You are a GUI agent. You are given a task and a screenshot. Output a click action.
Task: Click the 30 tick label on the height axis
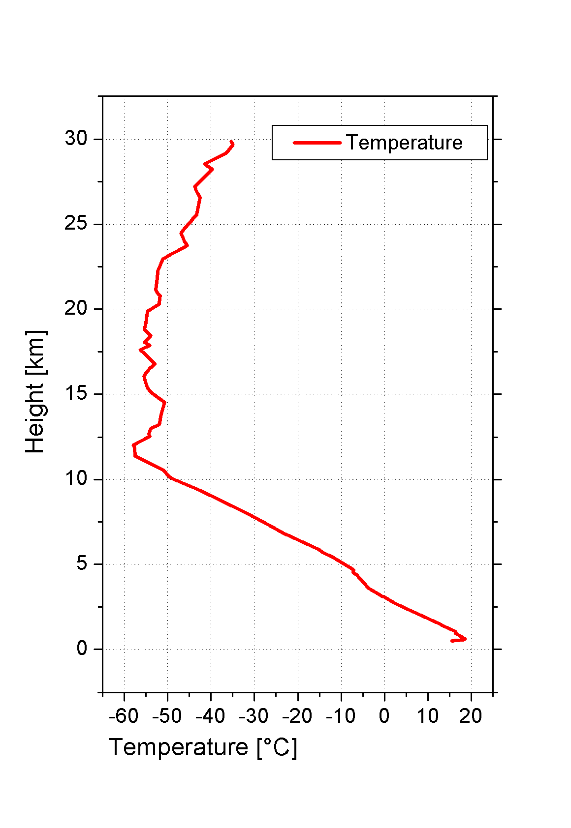[x=76, y=139]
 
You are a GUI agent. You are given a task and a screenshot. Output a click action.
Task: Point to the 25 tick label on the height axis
[x=76, y=224]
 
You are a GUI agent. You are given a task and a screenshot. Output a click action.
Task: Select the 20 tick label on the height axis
[x=76, y=309]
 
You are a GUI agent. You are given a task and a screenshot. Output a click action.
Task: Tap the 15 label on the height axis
[x=76, y=394]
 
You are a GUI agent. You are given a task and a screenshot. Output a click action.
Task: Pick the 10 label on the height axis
[x=76, y=478]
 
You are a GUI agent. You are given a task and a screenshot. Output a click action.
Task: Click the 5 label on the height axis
[x=82, y=563]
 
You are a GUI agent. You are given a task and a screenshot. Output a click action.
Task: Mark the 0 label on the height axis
[x=82, y=649]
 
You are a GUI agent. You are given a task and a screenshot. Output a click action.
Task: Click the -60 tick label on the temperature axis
[x=124, y=716]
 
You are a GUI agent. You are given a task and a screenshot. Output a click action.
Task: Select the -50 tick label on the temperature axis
[x=167, y=716]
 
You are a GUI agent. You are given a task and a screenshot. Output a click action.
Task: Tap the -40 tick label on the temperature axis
[x=210, y=716]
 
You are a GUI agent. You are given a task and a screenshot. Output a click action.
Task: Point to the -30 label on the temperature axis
[x=254, y=716]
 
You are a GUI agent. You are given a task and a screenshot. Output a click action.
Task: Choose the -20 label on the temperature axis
[x=297, y=716]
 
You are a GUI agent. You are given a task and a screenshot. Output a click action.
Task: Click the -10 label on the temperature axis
[x=341, y=716]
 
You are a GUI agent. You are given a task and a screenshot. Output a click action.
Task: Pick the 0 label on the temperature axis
[x=384, y=716]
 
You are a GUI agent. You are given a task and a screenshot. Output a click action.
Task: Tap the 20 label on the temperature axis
[x=471, y=716]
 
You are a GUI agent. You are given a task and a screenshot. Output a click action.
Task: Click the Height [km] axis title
[x=35, y=392]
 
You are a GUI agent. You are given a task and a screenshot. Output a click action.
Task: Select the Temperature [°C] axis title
[x=203, y=748]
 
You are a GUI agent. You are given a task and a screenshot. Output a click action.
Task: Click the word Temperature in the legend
[x=404, y=143]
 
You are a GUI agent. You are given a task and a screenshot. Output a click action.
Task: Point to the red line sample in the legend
[x=317, y=143]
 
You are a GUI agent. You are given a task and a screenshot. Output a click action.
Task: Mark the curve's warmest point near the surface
[x=465, y=639]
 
